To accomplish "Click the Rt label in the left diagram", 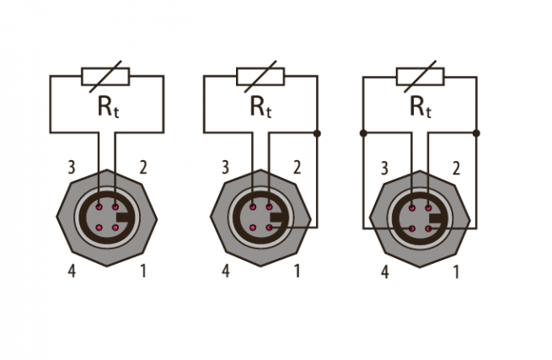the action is (x=109, y=107).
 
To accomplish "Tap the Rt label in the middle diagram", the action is (x=261, y=107).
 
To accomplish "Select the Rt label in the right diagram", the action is (x=421, y=107).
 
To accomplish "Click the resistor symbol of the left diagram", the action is (x=105, y=77).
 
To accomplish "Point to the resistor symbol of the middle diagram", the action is (x=260, y=77).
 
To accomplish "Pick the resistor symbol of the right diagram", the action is (x=421, y=77).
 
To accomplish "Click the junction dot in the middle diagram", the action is (x=317, y=133).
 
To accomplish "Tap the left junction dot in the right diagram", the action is (x=364, y=133).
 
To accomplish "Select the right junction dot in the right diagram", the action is (x=476, y=133).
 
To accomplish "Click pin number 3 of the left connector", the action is (x=72, y=168).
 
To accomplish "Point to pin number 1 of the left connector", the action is (x=143, y=271).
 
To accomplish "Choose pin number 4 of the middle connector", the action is (x=226, y=271).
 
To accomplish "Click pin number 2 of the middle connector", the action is (x=297, y=168).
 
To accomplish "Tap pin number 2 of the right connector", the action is (x=456, y=169).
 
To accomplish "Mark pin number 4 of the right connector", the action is (x=385, y=272).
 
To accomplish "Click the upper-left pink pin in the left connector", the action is (x=99, y=207).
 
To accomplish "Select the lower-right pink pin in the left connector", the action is (x=115, y=228).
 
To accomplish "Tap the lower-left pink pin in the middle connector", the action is (x=253, y=228).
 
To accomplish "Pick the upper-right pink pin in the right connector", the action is (x=428, y=208).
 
